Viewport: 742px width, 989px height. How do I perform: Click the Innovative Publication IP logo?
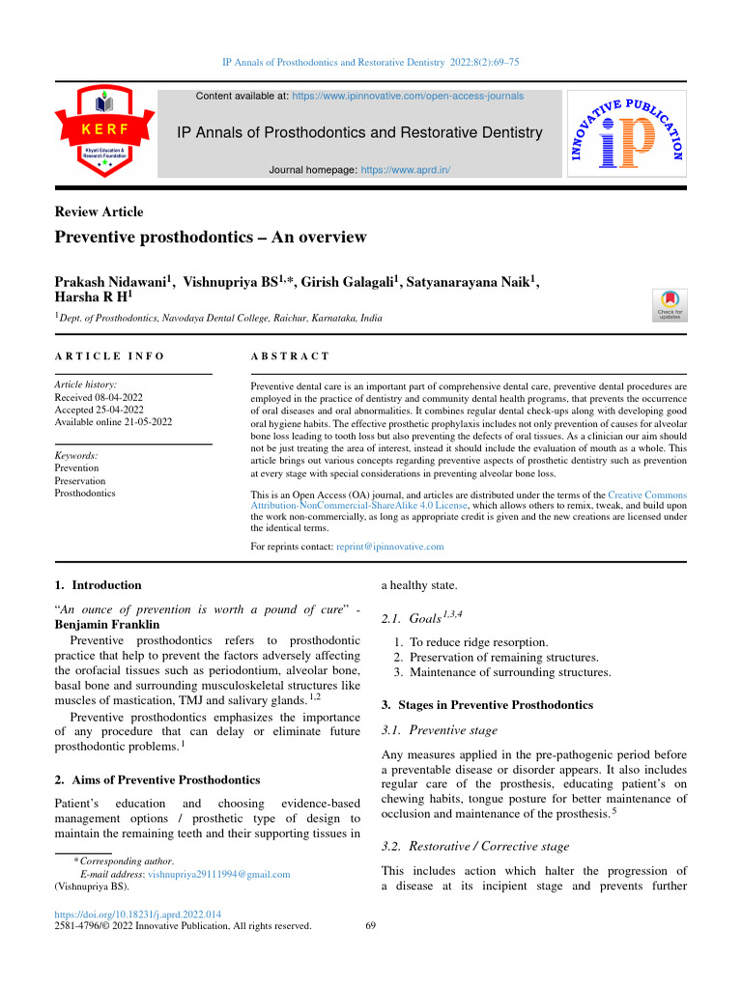pyautogui.click(x=627, y=133)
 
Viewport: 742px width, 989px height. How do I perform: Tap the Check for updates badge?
pyautogui.click(x=670, y=304)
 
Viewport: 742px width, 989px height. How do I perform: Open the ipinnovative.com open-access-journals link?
pyautogui.click(x=407, y=97)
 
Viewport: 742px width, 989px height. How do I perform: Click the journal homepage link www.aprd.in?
pyautogui.click(x=405, y=170)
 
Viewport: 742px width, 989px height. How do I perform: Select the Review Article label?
pyautogui.click(x=99, y=212)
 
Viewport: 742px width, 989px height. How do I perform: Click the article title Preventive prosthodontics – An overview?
pyautogui.click(x=211, y=238)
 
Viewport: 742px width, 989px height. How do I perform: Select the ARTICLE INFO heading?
pyautogui.click(x=109, y=357)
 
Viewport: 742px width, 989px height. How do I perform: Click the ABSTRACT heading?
pyautogui.click(x=290, y=357)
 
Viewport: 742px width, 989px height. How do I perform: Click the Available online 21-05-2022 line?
pyautogui.click(x=113, y=421)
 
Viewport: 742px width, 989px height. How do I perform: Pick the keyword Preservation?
pyautogui.click(x=80, y=480)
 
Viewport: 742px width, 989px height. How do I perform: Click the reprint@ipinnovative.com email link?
pyautogui.click(x=389, y=547)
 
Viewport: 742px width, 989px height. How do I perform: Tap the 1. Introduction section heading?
pyautogui.click(x=98, y=584)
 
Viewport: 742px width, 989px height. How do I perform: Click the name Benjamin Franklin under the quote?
pyautogui.click(x=103, y=624)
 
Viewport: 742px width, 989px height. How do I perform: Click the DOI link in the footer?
pyautogui.click(x=138, y=914)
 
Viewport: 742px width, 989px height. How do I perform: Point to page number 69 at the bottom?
pyautogui.click(x=371, y=926)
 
